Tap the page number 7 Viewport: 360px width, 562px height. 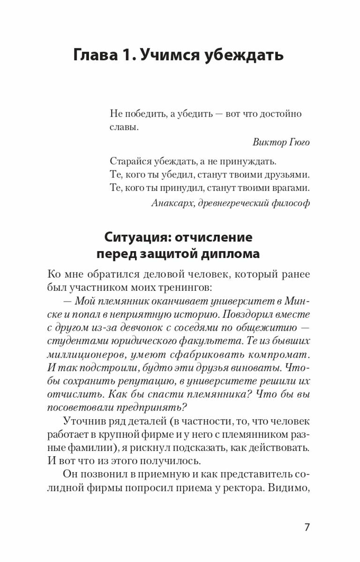(307, 527)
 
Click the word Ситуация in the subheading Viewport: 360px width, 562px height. (137, 237)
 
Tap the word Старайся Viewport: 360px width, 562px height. (132, 162)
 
